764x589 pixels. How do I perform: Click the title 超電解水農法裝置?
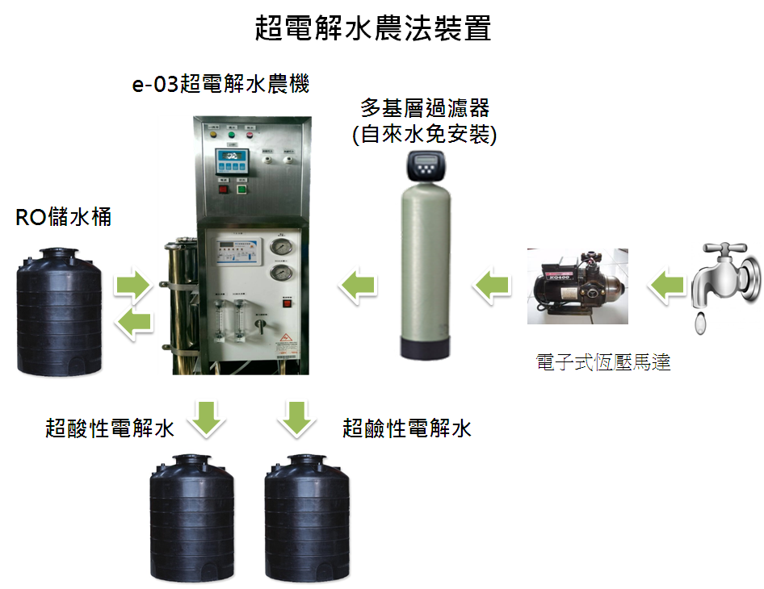372,29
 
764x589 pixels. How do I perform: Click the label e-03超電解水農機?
220,84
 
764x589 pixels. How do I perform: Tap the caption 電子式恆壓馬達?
603,362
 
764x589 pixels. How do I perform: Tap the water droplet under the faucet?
700,323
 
